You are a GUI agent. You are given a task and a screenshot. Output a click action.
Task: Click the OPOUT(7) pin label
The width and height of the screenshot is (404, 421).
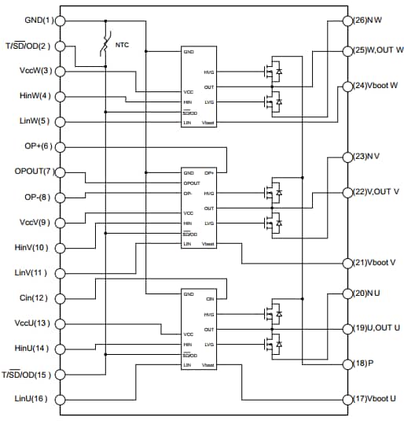coord(31,172)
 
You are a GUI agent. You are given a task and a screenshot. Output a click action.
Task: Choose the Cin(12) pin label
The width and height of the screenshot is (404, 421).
coord(36,297)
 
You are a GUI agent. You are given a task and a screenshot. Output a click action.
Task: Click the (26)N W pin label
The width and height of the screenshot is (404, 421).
coord(369,20)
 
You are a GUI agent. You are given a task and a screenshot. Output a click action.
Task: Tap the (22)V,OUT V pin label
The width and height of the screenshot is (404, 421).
coord(376,192)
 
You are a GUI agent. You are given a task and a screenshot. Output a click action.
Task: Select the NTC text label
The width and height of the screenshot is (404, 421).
coord(122,46)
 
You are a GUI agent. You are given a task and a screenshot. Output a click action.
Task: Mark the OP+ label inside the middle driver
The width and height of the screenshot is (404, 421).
coord(209,172)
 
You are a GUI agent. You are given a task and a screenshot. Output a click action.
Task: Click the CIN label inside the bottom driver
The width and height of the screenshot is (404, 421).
coord(209,299)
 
